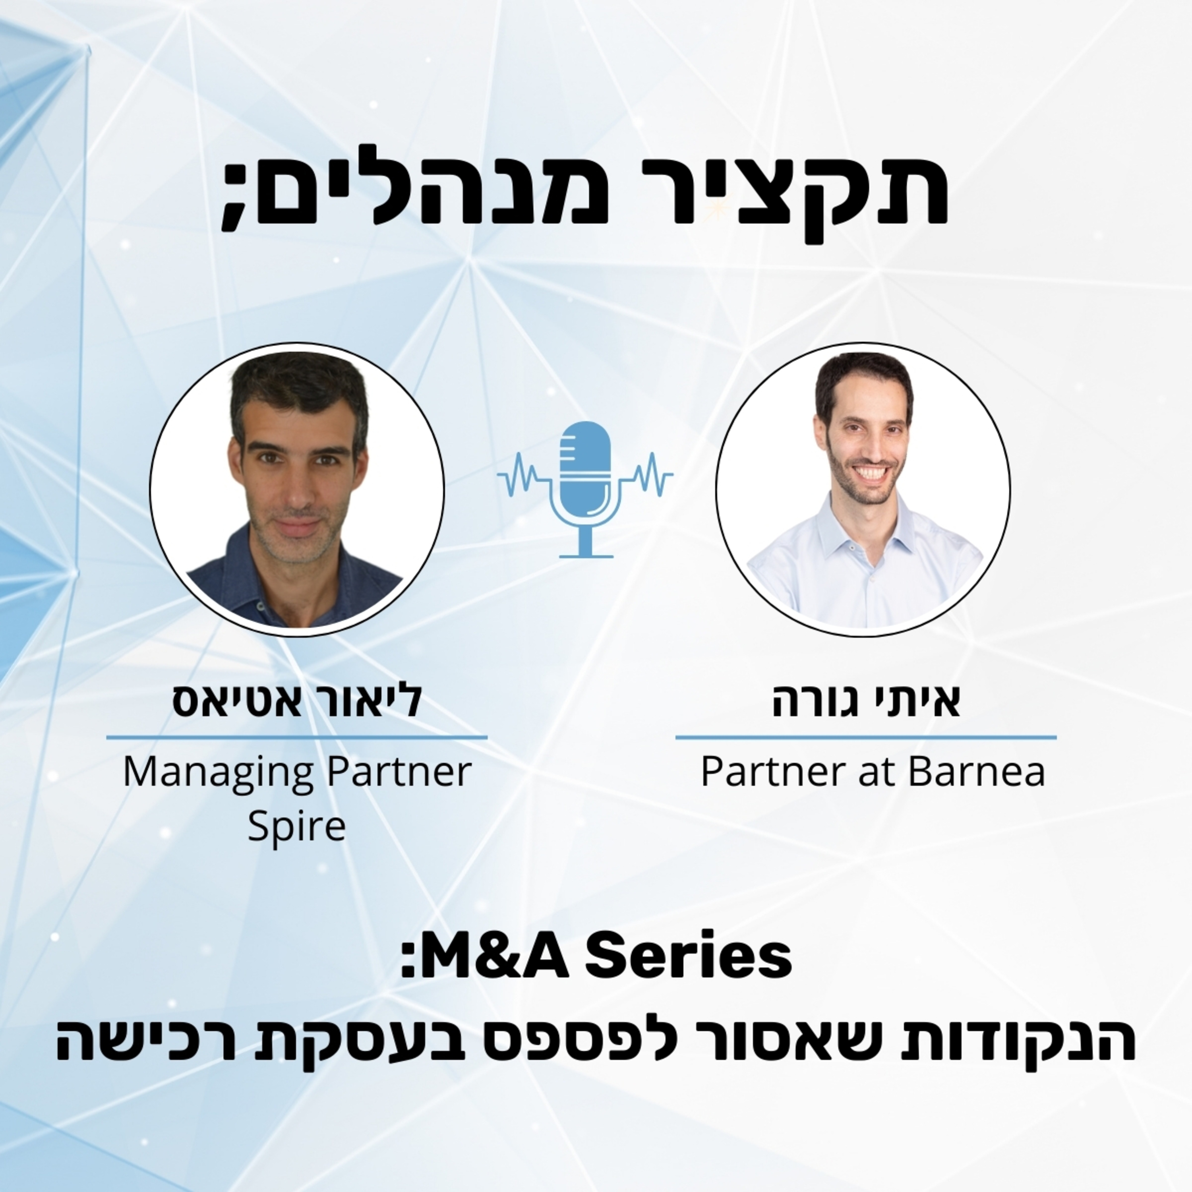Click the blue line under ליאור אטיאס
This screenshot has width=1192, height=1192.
(x=297, y=737)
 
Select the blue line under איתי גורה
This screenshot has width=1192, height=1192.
(x=866, y=737)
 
